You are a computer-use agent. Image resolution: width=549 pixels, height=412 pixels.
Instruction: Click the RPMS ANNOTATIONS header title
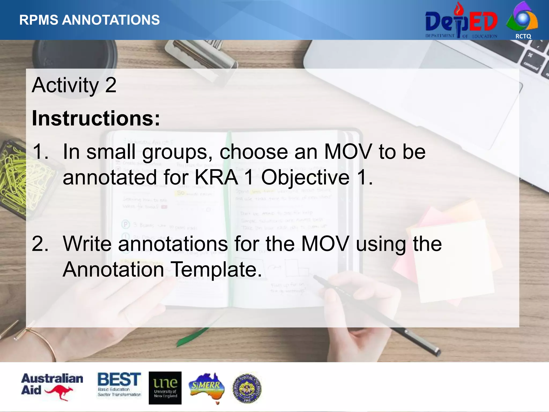(x=90, y=20)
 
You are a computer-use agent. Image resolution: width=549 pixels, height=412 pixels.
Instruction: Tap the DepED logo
(x=461, y=21)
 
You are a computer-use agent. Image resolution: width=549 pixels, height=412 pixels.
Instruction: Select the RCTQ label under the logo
(x=523, y=36)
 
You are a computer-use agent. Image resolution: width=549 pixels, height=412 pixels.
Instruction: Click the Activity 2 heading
(x=74, y=85)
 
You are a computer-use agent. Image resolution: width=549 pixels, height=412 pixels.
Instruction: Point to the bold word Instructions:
(x=96, y=118)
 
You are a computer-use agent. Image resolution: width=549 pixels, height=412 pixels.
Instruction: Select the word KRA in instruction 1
(x=216, y=178)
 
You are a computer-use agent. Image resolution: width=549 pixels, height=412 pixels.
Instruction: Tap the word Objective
(x=305, y=178)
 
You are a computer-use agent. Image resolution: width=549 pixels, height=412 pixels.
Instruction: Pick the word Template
(x=216, y=269)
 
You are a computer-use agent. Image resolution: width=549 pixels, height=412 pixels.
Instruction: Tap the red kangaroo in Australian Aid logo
(x=60, y=392)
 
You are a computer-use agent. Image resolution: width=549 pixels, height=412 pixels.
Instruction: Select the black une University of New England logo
(x=165, y=388)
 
